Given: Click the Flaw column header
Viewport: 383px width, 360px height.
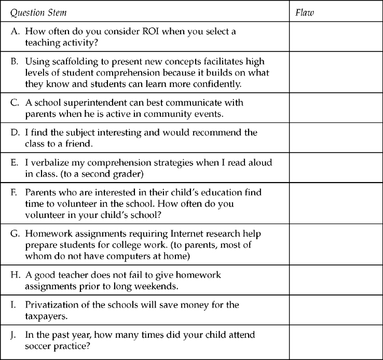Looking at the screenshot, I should [x=305, y=12].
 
